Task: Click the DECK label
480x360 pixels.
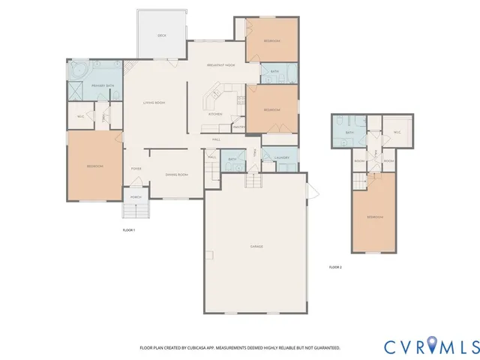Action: [161, 36]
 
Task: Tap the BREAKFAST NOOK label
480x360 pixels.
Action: [220, 65]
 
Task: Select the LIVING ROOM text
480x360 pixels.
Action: [154, 102]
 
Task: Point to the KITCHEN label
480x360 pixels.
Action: [215, 114]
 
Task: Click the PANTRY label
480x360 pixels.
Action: [239, 127]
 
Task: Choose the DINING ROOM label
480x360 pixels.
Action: [177, 175]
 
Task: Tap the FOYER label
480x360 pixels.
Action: [136, 169]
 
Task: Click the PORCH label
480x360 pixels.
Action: [136, 197]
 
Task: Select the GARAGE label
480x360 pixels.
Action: [256, 246]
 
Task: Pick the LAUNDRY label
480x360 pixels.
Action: [282, 157]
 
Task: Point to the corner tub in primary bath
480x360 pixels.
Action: [78, 71]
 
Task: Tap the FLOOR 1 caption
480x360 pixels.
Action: [128, 229]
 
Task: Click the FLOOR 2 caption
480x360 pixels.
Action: [335, 267]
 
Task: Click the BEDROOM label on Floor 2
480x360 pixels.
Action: [375, 217]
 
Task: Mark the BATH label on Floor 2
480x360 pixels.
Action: [349, 133]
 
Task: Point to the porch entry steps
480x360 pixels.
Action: [136, 209]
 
